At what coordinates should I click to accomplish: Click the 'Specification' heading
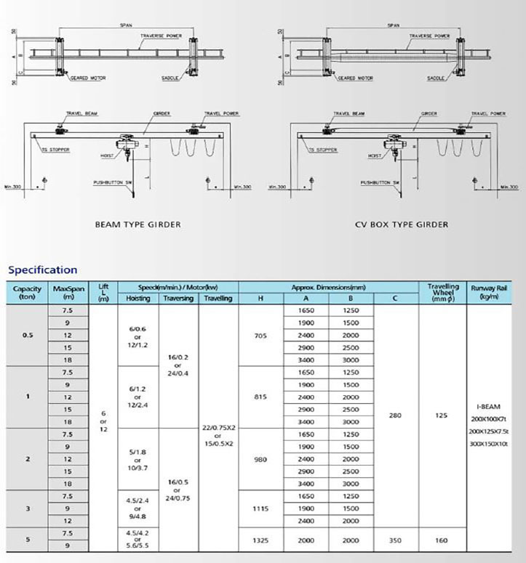[x=42, y=270]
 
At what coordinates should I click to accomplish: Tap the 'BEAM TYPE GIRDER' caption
[x=138, y=224]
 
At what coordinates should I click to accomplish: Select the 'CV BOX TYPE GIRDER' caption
[x=401, y=224]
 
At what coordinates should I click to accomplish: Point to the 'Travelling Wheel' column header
[x=443, y=292]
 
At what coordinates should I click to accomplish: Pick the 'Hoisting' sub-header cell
[x=138, y=298]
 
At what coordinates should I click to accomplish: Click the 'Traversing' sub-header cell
[x=178, y=298]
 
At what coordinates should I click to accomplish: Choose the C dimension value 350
[x=396, y=540]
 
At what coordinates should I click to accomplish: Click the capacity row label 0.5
[x=28, y=335]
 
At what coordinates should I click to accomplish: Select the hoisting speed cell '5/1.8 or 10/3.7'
[x=138, y=459]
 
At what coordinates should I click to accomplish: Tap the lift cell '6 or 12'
[x=103, y=421]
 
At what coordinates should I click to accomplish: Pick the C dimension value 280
[x=396, y=416]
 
